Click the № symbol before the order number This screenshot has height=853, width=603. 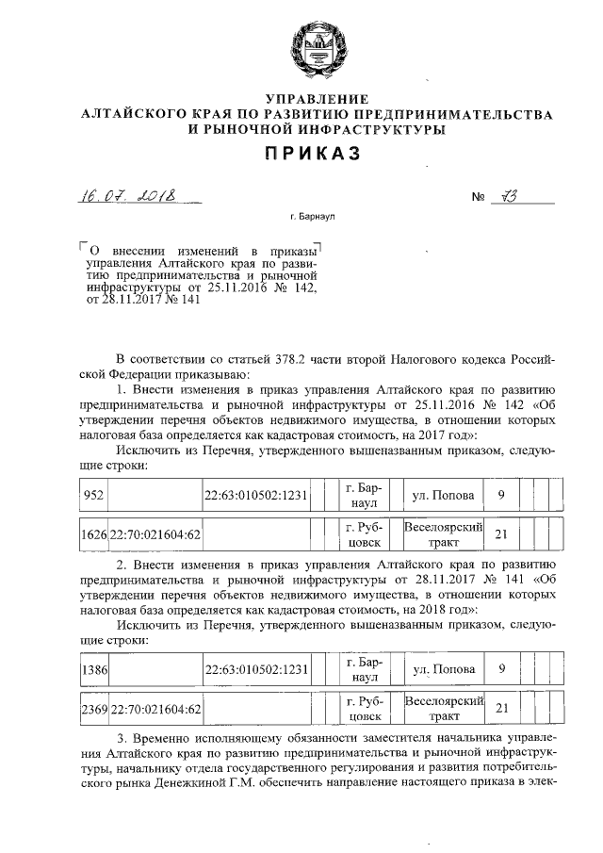pos(479,199)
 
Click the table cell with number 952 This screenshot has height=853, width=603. pos(94,495)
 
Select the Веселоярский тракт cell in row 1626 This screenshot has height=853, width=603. pos(443,534)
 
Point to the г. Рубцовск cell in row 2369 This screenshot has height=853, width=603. pos(363,708)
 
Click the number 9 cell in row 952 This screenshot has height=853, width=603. pos(501,495)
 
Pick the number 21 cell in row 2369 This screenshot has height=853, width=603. pos(501,708)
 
